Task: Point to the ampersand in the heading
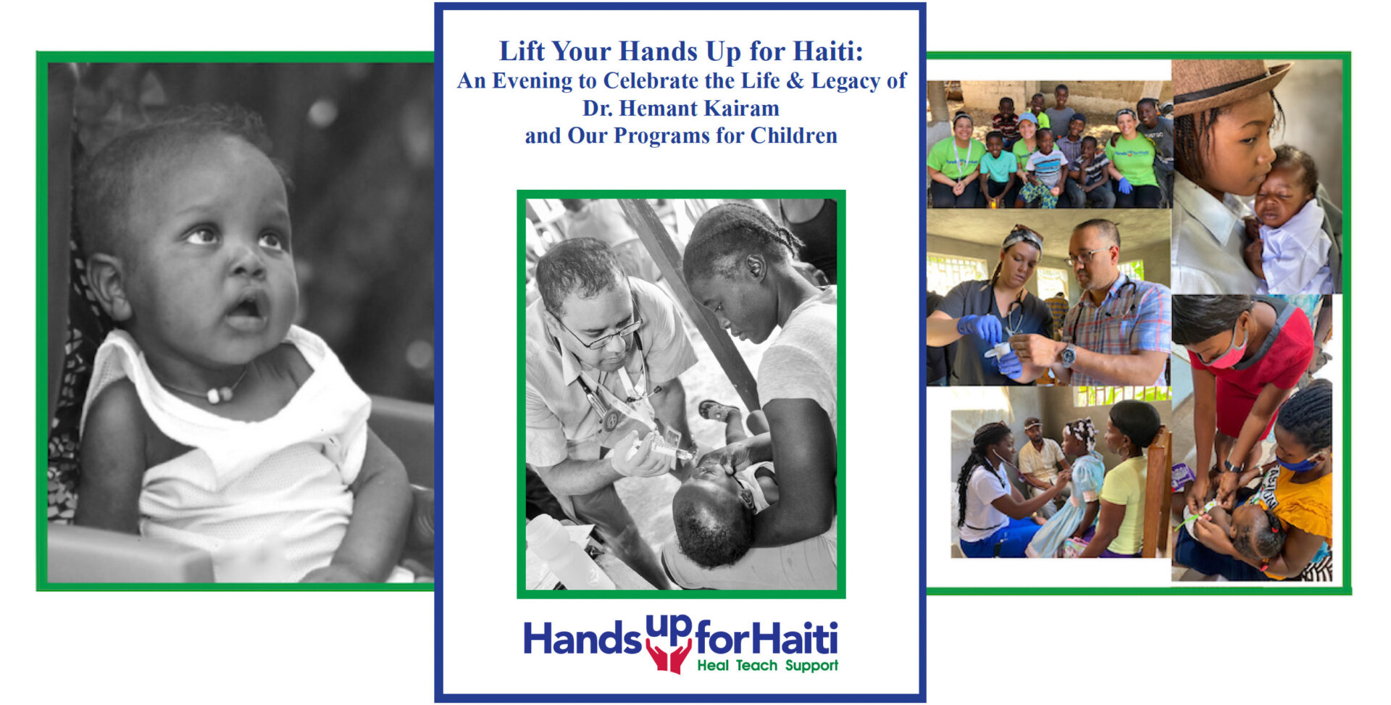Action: (x=795, y=81)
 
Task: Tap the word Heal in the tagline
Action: (x=713, y=666)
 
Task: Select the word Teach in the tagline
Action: (x=756, y=666)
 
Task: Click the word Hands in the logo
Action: (x=582, y=639)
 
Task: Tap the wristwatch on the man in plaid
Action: (x=1068, y=355)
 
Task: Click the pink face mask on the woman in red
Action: (x=1226, y=355)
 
